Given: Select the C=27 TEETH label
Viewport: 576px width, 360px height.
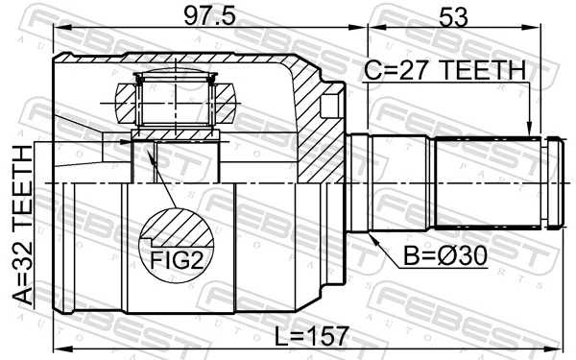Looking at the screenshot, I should [x=444, y=70].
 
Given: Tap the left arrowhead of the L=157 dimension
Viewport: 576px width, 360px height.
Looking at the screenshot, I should [x=60, y=348].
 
